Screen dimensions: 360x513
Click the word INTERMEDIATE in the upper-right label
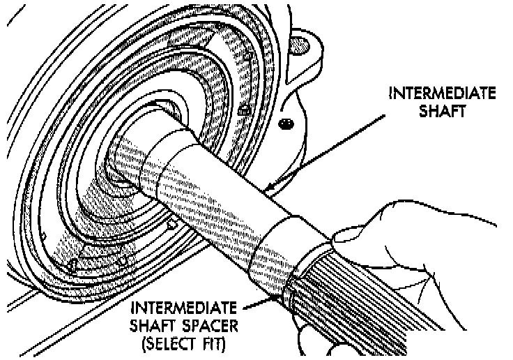click(x=443, y=93)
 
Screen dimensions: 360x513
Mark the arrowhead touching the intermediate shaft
click(x=268, y=187)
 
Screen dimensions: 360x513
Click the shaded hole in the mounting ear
click(x=299, y=44)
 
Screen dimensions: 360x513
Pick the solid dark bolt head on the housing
click(x=284, y=123)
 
